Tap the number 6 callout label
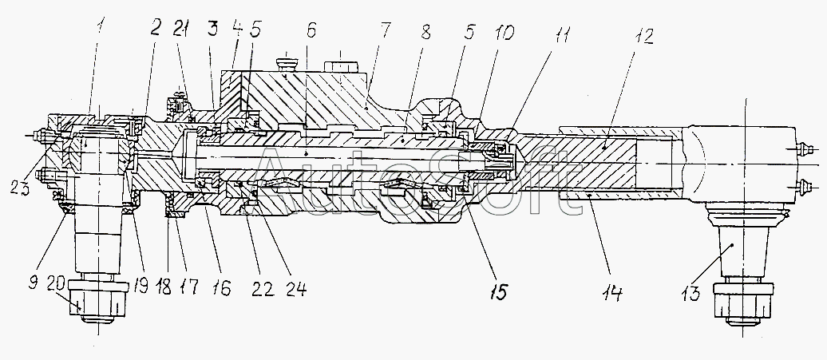point(311,31)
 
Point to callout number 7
point(385,31)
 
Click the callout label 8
point(425,32)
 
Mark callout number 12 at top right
point(644,37)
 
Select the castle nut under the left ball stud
point(99,302)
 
